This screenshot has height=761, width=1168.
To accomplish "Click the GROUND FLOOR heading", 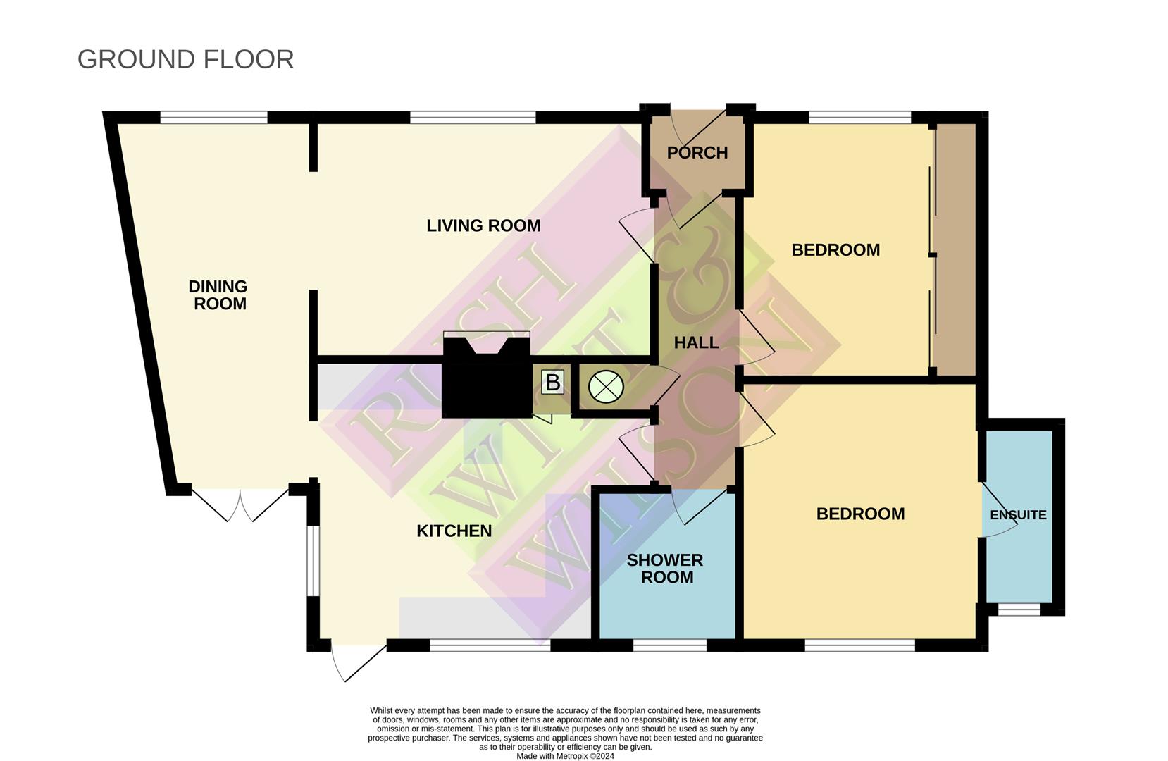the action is pyautogui.click(x=186, y=59).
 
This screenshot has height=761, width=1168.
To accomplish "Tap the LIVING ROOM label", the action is pyautogui.click(x=483, y=226).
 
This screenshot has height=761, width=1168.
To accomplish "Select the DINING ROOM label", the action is pyautogui.click(x=218, y=295).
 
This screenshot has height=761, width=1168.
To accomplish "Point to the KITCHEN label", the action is pyautogui.click(x=454, y=531).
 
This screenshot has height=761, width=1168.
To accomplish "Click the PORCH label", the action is pyautogui.click(x=697, y=153).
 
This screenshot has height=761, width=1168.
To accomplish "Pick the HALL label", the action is pyautogui.click(x=696, y=342).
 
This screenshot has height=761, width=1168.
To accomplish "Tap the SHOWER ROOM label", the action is pyautogui.click(x=665, y=569).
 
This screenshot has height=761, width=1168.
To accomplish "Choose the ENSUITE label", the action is pyautogui.click(x=1018, y=515).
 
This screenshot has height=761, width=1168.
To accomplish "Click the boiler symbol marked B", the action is pyautogui.click(x=553, y=383).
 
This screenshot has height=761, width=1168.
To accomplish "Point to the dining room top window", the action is pyautogui.click(x=213, y=118).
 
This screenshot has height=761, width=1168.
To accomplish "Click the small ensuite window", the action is pyautogui.click(x=1019, y=610).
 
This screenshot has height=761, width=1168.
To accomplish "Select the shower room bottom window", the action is pyautogui.click(x=669, y=645).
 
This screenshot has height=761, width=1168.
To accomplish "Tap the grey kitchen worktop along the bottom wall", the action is pyautogui.click(x=495, y=618).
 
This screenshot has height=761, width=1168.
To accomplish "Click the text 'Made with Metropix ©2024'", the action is pyautogui.click(x=565, y=756).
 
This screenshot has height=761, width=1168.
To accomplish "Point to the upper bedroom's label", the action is pyautogui.click(x=835, y=250).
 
